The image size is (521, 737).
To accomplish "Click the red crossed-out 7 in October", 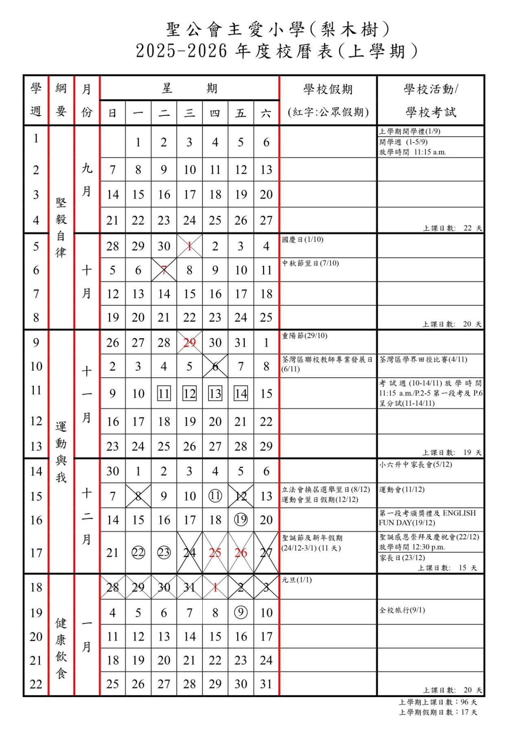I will (x=164, y=270).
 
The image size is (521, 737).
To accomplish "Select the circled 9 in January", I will (x=241, y=612).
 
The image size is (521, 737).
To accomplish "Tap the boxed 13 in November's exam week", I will (x=215, y=394).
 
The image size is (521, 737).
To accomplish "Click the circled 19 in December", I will (x=241, y=520).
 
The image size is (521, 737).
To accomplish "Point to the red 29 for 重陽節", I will (x=189, y=343).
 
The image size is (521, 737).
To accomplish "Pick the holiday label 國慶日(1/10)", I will (x=303, y=240).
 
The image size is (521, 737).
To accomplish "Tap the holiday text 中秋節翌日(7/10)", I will (x=311, y=263).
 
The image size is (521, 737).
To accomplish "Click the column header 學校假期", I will (x=328, y=89).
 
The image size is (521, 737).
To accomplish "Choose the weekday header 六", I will (x=266, y=113).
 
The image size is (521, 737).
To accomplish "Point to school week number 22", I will (x=36, y=684).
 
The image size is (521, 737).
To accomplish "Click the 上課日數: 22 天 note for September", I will (x=452, y=228).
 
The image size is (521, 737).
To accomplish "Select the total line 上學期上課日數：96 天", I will (x=438, y=702).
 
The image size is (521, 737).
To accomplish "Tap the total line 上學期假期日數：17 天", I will (x=438, y=712).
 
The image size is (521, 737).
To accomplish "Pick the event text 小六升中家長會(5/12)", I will (x=416, y=465).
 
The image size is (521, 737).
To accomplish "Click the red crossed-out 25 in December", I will (x=215, y=553).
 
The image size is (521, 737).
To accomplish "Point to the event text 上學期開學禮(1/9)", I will (x=409, y=131).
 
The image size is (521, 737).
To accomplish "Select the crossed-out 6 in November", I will (x=215, y=366).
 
